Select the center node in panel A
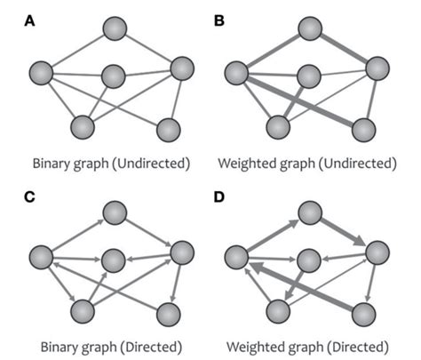114,76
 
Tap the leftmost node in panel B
235,71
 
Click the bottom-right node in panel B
361,129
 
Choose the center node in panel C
114,260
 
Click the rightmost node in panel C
181,252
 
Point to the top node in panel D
308,213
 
